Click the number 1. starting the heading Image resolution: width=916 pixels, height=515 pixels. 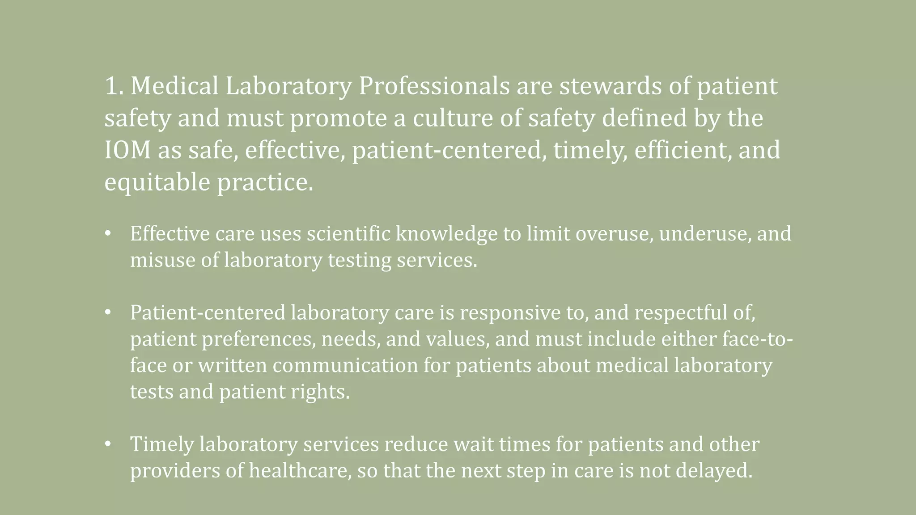point(114,86)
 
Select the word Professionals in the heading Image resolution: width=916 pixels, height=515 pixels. point(434,86)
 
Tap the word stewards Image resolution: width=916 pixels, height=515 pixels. point(611,86)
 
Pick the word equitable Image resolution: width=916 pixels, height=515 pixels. point(157,182)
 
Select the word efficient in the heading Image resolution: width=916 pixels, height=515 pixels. point(683,150)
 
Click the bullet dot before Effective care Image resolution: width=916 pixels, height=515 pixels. point(107,234)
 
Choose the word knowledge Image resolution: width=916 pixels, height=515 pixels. point(446,234)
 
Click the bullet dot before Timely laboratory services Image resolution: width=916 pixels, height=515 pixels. point(107,444)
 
